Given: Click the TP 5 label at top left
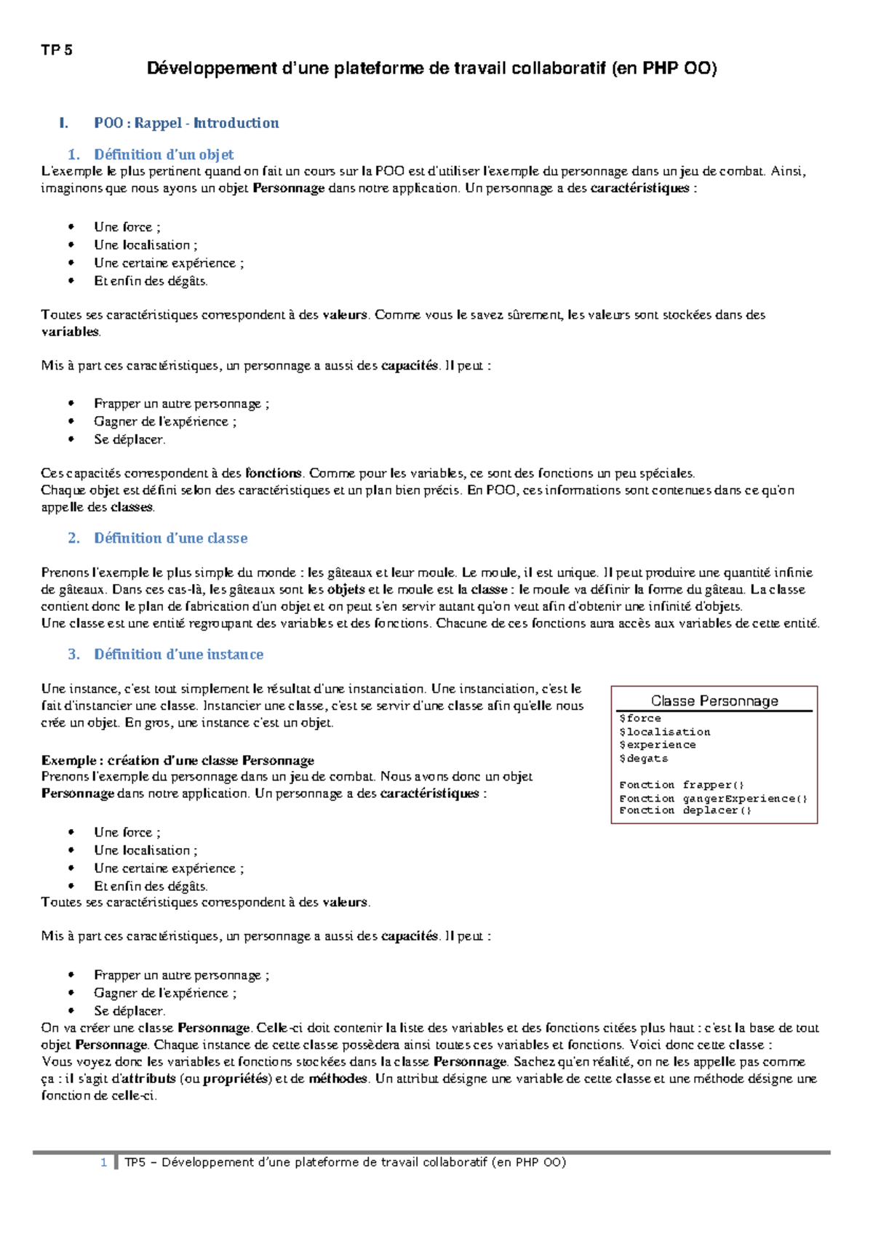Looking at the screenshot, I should [x=57, y=50].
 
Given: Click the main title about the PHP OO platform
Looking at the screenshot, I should [x=431, y=68].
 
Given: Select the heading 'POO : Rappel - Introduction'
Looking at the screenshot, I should [x=186, y=123].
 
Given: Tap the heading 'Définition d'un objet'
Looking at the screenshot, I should [x=164, y=154].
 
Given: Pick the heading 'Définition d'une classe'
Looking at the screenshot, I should [x=170, y=538].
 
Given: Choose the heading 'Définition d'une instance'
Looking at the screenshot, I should [x=178, y=655].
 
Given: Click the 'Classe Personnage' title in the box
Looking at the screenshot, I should [x=714, y=701].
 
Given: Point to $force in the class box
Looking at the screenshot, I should [x=640, y=719].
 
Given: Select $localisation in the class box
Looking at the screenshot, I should [x=664, y=732].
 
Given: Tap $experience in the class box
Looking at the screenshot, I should [x=657, y=745].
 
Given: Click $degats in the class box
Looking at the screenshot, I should [x=643, y=759].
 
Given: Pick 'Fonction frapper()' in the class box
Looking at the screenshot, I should [x=682, y=785].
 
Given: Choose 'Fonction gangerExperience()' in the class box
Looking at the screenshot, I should [x=713, y=799].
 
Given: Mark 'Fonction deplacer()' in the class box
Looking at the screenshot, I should [x=685, y=811].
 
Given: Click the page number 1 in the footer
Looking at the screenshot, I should [x=104, y=1162].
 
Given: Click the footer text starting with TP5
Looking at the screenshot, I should [x=345, y=1162].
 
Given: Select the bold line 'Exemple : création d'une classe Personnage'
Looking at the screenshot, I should [x=178, y=761].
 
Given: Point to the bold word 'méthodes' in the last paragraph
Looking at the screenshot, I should [x=338, y=1079].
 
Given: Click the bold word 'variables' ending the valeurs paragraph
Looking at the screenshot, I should [x=70, y=332].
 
